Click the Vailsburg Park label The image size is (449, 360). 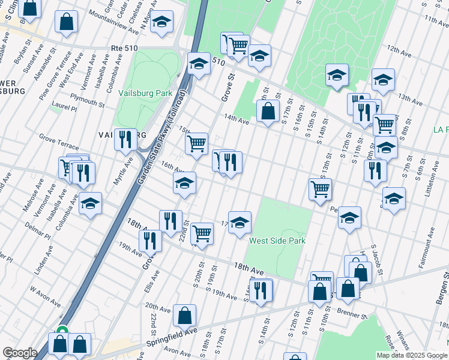click(x=145, y=93)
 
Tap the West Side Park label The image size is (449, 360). click(x=277, y=241)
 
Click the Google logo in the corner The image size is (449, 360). click(x=20, y=353)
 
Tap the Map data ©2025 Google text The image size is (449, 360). click(x=411, y=355)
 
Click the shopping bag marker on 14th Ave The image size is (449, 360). click(x=268, y=111)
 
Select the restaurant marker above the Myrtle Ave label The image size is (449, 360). click(x=125, y=140)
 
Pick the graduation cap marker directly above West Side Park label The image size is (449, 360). click(x=240, y=222)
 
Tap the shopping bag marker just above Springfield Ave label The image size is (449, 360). click(x=185, y=314)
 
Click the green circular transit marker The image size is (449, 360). click(x=61, y=329)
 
